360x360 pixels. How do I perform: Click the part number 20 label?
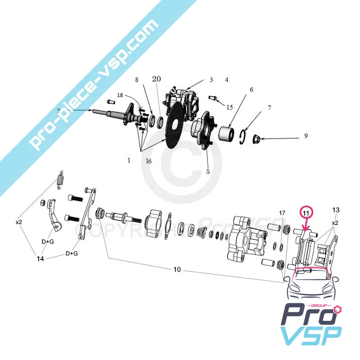[x=156, y=79]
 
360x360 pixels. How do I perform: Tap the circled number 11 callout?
[x=306, y=211]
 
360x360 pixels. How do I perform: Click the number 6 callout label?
[x=252, y=90]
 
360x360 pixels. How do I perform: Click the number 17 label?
[x=282, y=212]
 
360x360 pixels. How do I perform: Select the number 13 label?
[x=336, y=210]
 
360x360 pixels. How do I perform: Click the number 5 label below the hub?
[x=208, y=171]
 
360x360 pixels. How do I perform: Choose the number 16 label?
[x=148, y=161]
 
